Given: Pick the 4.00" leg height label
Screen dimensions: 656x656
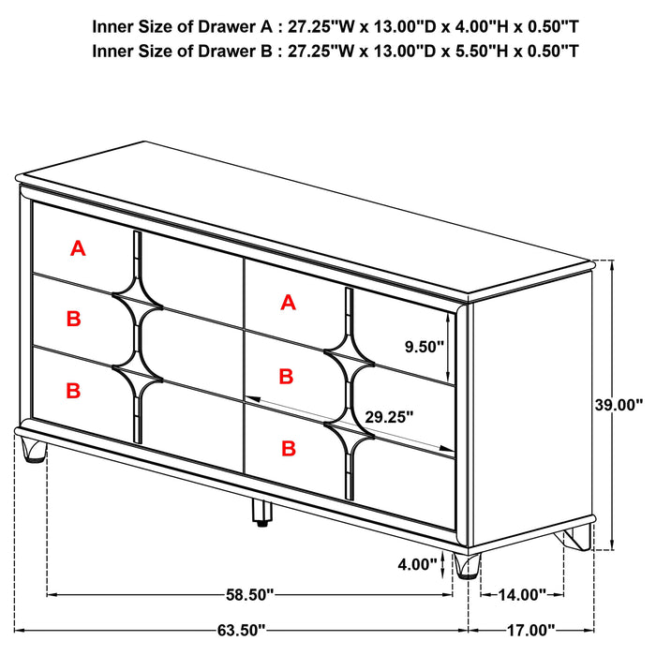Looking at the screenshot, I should tap(418, 564).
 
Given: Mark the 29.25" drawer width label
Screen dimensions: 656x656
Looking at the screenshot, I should tap(387, 418).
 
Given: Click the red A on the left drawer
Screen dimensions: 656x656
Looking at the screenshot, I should tap(79, 248).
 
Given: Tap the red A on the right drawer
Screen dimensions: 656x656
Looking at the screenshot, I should tap(288, 302).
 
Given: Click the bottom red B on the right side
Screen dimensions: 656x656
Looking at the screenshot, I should tap(287, 449).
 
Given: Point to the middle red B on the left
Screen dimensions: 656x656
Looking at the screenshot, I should tap(73, 319).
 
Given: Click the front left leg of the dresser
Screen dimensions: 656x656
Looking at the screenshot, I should tap(35, 452).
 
